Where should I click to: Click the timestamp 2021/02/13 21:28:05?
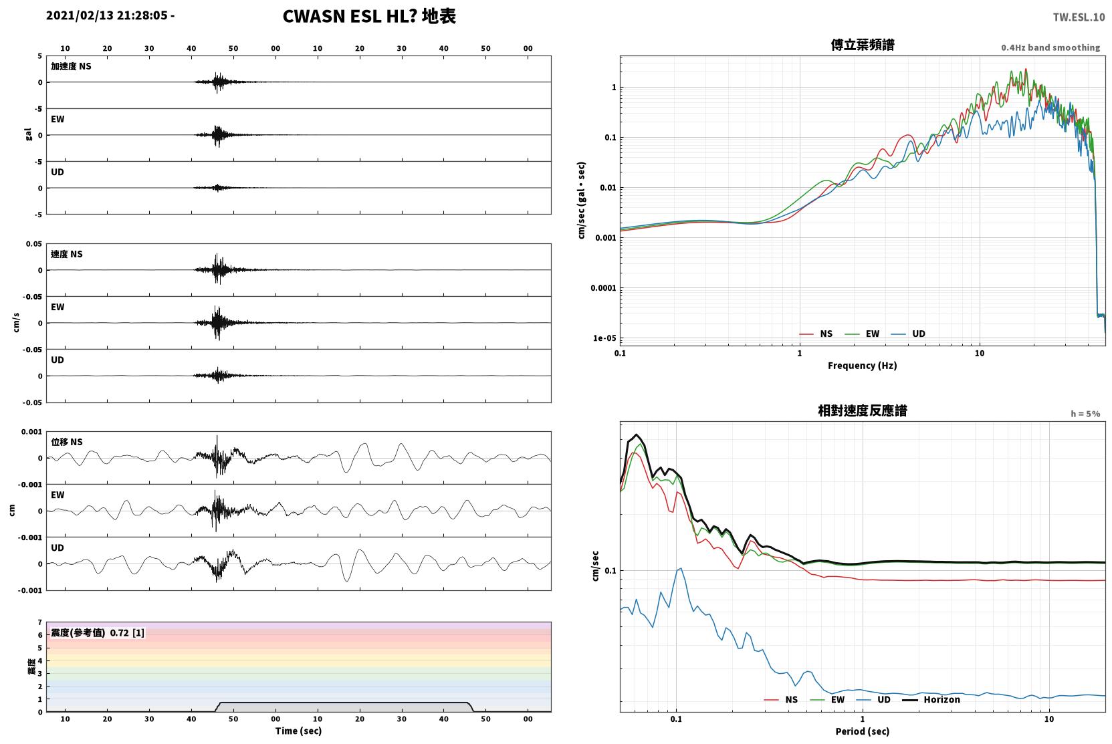pos(107,15)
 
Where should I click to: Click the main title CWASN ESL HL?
pos(350,17)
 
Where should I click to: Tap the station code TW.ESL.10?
pos(1079,17)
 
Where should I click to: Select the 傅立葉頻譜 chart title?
pos(863,45)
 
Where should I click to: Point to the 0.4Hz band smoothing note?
pos(1050,47)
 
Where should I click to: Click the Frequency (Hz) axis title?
pos(863,366)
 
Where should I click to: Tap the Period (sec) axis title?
pos(863,731)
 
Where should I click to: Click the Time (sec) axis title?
pos(298,731)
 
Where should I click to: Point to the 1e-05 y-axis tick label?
pos(604,338)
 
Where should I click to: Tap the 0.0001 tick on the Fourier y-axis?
pos(603,288)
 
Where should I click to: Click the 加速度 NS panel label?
pos(71,66)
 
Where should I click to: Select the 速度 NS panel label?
pos(66,254)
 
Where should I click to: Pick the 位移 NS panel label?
pos(66,442)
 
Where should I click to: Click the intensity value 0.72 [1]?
pos(127,633)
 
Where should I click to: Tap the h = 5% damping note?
pos(1085,414)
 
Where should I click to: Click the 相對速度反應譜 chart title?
pos(863,411)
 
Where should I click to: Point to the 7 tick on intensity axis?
pos(39,622)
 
